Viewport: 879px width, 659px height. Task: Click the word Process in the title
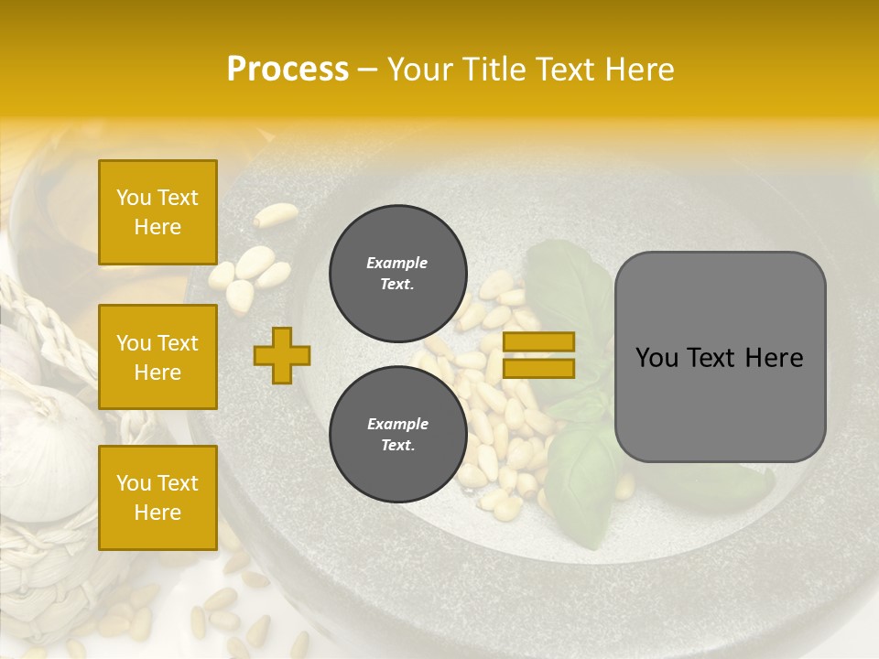coord(288,70)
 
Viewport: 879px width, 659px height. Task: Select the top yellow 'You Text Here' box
coord(157,212)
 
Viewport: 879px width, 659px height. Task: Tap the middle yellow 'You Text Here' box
coord(157,357)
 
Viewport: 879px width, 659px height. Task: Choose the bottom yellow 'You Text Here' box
coord(157,498)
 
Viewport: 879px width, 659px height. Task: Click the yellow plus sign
coord(282,355)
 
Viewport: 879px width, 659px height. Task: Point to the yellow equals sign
coord(538,355)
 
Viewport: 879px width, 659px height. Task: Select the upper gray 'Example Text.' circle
coord(397,274)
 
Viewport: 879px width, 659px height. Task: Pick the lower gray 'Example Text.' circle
coord(397,435)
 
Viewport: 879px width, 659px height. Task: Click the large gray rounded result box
coord(720,356)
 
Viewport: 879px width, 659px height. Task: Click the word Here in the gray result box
coord(774,358)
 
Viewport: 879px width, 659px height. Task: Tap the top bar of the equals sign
coord(538,342)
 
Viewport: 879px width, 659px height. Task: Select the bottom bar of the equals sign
coord(538,368)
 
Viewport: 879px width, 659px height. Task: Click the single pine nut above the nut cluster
coord(276,215)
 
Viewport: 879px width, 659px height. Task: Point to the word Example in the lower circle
coord(397,424)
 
